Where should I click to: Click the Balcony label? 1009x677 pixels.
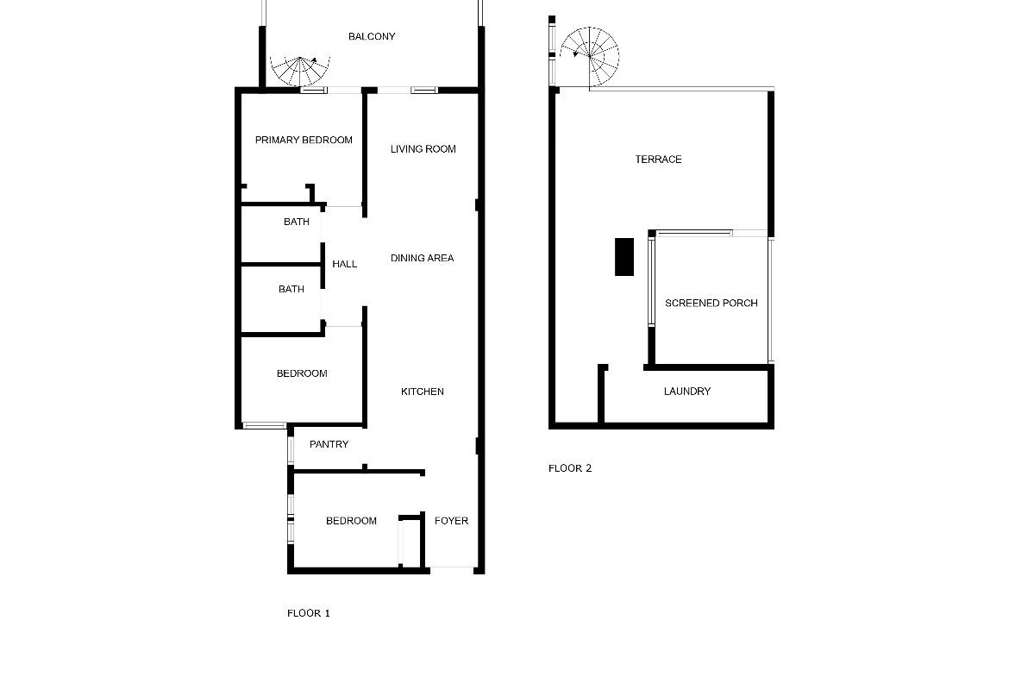pos(372,37)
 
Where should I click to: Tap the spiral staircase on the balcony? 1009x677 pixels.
pos(300,71)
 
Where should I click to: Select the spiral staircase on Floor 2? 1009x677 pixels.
pos(590,57)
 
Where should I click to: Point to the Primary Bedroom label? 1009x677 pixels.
pos(304,140)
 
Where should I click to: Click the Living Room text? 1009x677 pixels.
pos(423,148)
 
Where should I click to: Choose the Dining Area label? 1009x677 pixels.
pos(422,258)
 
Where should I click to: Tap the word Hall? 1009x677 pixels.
pos(344,264)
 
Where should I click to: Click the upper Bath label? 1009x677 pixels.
pos(297,222)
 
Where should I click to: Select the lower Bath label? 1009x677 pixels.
pos(291,290)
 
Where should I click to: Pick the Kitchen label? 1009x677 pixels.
pos(422,392)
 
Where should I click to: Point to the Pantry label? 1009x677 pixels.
pos(329,444)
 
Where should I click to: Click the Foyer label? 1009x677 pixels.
pos(451,521)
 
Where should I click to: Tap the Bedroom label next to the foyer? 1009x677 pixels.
pos(351,521)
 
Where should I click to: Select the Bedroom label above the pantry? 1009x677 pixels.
pos(302,373)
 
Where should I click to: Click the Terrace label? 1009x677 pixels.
pos(658,160)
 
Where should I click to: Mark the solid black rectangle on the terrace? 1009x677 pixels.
pos(624,257)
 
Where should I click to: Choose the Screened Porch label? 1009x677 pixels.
pos(711,303)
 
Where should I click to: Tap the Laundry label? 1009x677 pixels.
pos(687,392)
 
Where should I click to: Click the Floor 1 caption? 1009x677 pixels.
pos(308,613)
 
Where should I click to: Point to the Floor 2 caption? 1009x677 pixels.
pos(569,468)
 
